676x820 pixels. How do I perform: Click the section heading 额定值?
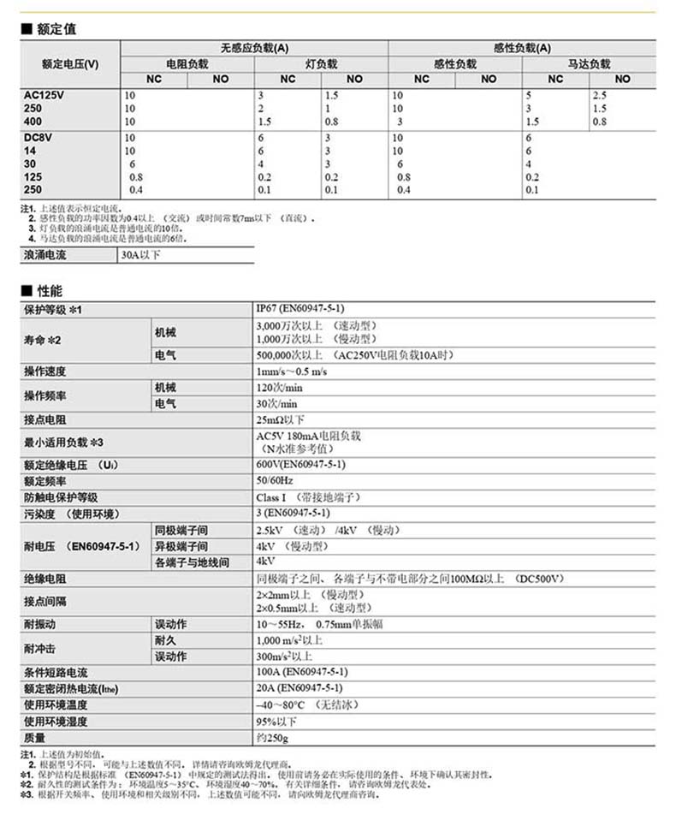point(56,29)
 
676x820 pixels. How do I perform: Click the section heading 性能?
point(50,291)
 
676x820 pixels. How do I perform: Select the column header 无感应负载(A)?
point(254,48)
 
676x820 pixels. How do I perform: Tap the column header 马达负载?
point(590,63)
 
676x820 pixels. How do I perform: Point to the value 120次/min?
point(280,388)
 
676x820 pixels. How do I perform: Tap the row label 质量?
point(34,738)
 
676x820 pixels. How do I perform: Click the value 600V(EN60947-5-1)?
point(300,464)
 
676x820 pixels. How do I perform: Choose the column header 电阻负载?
point(187,63)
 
